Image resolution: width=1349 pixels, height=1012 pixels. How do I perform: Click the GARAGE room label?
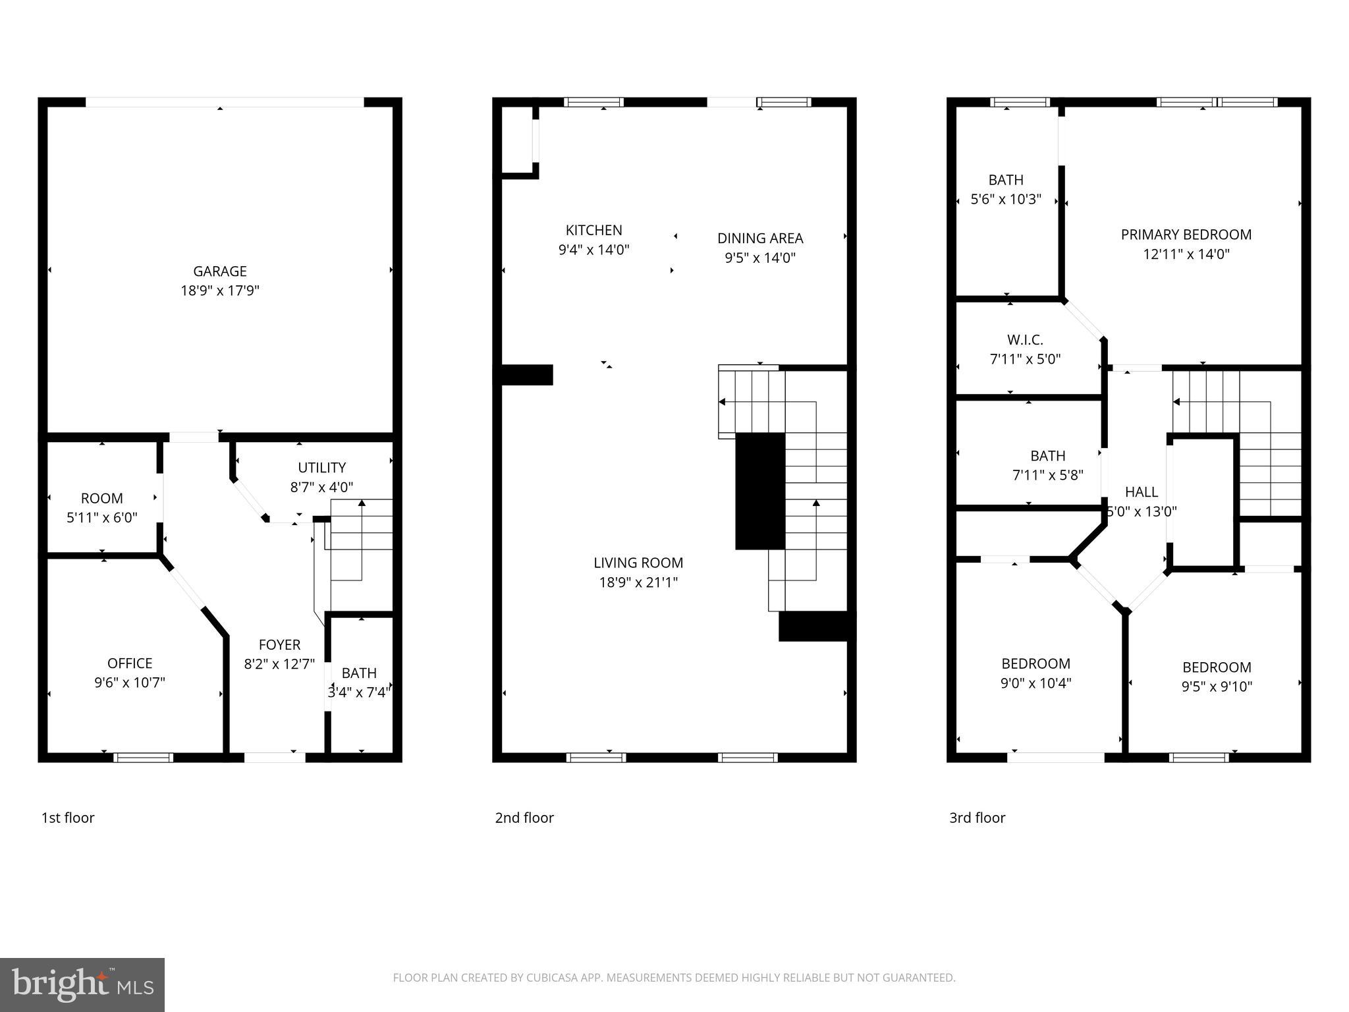click(x=219, y=271)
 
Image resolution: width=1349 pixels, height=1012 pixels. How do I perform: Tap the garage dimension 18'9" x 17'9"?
click(x=219, y=291)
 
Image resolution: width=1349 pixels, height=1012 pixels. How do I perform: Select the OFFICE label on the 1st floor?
click(x=130, y=663)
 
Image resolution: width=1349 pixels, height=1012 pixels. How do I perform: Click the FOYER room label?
click(x=279, y=644)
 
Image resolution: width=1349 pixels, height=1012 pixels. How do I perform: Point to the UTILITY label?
click(x=321, y=467)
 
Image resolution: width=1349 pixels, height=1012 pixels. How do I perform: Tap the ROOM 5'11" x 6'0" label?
click(x=101, y=508)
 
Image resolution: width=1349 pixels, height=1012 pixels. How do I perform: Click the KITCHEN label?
click(x=593, y=230)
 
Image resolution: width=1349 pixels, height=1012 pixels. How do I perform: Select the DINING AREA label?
click(x=760, y=238)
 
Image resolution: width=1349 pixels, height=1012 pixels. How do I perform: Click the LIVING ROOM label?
click(x=638, y=563)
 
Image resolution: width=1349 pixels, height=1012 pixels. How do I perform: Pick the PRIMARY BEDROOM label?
click(x=1186, y=235)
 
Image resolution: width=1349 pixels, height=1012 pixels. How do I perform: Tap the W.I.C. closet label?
click(x=1025, y=340)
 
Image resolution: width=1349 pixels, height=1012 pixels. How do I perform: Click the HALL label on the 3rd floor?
click(x=1141, y=492)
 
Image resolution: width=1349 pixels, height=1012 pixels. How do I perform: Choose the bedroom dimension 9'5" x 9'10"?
click(x=1216, y=687)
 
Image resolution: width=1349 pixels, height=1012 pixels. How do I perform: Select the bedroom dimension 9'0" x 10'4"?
click(x=1035, y=683)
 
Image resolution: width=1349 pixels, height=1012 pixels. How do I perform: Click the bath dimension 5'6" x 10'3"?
click(x=1006, y=199)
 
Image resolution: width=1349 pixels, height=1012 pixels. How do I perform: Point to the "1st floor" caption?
click(x=68, y=818)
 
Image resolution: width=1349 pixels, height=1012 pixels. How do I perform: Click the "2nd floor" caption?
click(x=524, y=818)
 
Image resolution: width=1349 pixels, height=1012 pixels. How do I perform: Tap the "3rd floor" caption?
click(x=977, y=818)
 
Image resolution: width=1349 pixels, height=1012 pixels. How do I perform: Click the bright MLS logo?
click(x=82, y=985)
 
